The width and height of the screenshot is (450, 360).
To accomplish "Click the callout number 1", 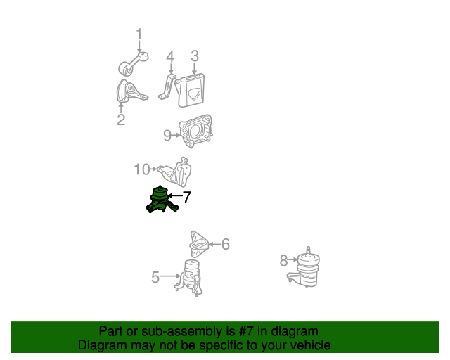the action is (x=139, y=34).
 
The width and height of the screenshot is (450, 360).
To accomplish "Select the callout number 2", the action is (x=121, y=120).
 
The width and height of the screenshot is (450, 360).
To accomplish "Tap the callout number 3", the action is (x=195, y=56).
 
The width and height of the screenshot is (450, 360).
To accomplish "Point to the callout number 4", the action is (x=170, y=57).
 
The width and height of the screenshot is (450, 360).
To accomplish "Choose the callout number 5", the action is (x=155, y=277).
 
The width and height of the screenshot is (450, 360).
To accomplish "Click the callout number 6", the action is (x=226, y=244).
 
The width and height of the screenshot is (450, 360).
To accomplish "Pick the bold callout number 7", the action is (x=186, y=197).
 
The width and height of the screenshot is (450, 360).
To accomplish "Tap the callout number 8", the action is (x=283, y=261).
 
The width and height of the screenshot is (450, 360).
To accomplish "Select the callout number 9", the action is (x=167, y=136).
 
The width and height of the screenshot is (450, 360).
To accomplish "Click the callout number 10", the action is (x=142, y=169).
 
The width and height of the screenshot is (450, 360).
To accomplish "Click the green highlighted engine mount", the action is (x=162, y=200).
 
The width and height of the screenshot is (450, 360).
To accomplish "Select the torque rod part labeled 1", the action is (x=134, y=63).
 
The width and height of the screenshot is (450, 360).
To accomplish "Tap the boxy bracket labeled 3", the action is (x=191, y=90).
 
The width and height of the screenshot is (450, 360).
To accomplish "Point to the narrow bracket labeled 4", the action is (x=167, y=86).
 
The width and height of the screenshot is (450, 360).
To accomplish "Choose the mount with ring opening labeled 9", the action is (x=195, y=131).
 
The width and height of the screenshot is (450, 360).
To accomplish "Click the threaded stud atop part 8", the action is (x=308, y=250).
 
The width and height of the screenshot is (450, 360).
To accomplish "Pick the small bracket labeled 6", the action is (x=199, y=244).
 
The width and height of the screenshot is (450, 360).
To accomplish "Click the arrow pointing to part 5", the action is (x=170, y=276).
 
